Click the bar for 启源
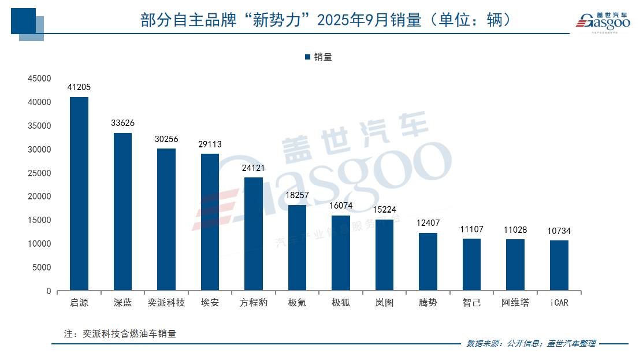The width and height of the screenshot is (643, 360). click(x=79, y=194)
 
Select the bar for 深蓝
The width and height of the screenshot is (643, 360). click(x=122, y=211)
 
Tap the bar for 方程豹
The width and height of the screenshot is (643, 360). click(x=254, y=234)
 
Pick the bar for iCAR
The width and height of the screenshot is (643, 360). click(x=559, y=266)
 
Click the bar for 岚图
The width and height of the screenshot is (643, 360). click(x=384, y=255)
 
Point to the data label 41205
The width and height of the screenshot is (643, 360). click(x=79, y=87)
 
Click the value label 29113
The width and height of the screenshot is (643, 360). click(x=210, y=144)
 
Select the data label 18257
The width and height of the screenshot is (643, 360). click(x=297, y=196)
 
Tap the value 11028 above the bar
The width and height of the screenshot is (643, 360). click(x=515, y=230)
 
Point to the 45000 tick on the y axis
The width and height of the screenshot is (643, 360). click(x=40, y=79)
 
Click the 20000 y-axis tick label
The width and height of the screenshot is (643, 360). click(x=40, y=196)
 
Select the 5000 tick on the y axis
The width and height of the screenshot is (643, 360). click(x=43, y=268)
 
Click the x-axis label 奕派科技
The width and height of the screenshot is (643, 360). click(x=166, y=303)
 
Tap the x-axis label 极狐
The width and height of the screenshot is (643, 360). click(x=341, y=303)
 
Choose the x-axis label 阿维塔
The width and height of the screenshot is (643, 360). click(x=515, y=303)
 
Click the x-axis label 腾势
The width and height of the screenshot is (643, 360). click(x=428, y=303)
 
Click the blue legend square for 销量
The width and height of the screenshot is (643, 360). click(x=307, y=57)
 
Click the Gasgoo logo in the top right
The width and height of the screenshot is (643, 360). click(x=602, y=21)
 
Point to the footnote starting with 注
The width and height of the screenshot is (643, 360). click(x=120, y=333)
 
